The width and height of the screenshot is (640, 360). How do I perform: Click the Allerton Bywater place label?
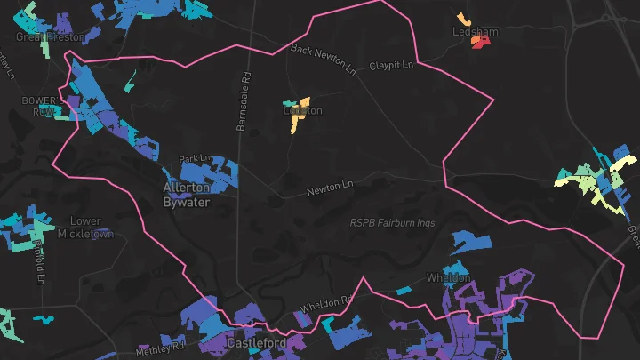point(187,195)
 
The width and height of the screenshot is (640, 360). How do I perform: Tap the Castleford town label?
point(256,343)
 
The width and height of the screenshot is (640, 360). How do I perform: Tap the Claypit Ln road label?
point(391,66)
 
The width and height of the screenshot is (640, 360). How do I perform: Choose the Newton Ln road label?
point(330,188)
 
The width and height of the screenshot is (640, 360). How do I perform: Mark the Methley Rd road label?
point(160,348)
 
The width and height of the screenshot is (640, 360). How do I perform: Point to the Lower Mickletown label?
point(86,228)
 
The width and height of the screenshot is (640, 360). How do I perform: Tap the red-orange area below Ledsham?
point(480,43)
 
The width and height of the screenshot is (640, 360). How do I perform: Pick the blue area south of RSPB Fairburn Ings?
point(472,243)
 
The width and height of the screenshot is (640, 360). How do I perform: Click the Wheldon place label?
point(449,278)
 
